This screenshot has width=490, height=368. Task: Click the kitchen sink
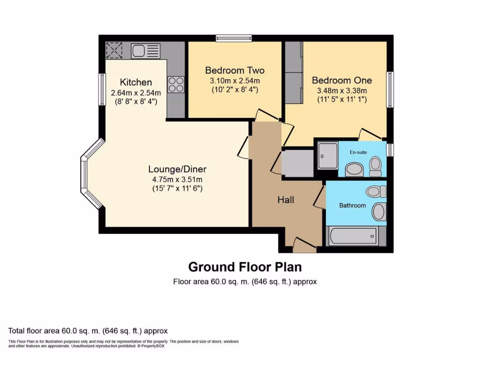[x=145, y=50]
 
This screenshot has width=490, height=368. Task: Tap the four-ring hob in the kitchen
[x=175, y=84]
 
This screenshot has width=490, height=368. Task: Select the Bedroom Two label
[x=234, y=70]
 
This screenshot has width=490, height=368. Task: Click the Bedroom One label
[x=342, y=80]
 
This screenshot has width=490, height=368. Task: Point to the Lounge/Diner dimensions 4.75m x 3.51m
[x=177, y=180]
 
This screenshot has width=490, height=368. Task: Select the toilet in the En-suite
[x=376, y=166]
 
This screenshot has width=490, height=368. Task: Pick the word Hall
[x=286, y=200]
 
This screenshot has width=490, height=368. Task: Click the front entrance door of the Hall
[x=304, y=245]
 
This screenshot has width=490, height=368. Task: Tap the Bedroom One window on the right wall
[x=390, y=90]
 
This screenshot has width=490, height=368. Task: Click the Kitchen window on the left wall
[x=102, y=89]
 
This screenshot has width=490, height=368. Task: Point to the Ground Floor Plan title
[x=245, y=267]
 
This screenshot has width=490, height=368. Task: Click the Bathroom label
[x=352, y=206]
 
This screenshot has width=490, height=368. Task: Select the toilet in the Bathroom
[x=376, y=192]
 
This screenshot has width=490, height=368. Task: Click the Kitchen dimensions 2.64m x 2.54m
[x=136, y=93]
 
